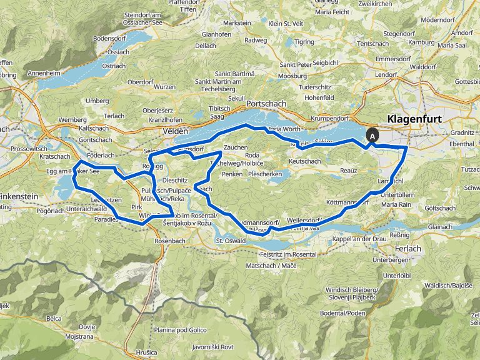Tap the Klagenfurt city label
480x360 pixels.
click(x=416, y=118)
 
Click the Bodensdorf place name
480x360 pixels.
click(x=109, y=38)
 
